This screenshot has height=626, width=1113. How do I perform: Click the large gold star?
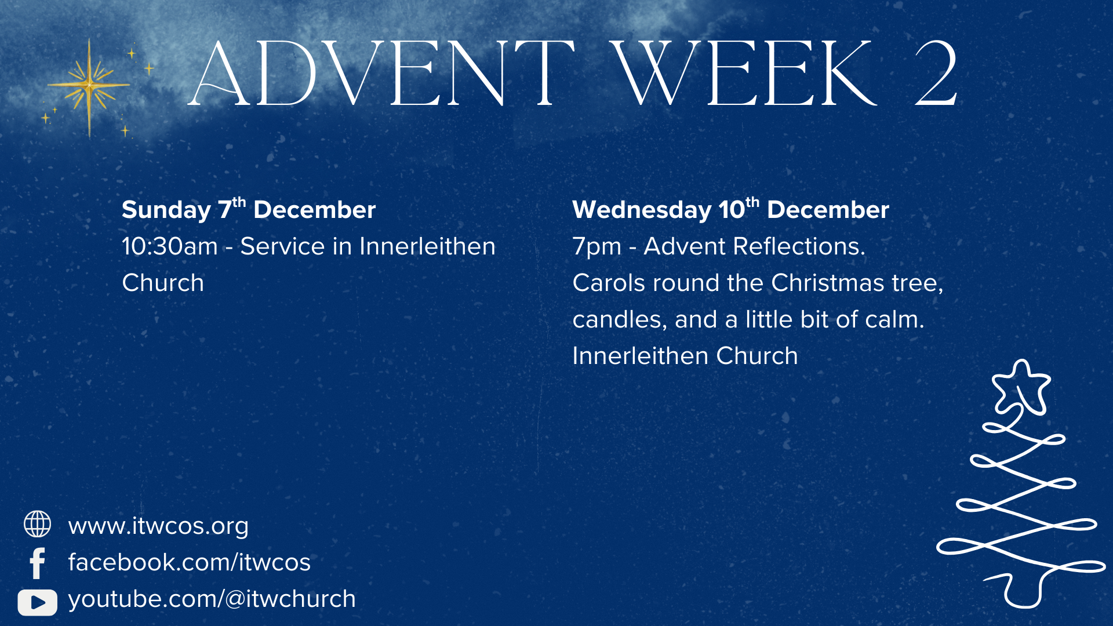coord(89,86)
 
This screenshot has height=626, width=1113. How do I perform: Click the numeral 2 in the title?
coord(936,73)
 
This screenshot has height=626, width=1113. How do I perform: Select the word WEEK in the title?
coord(744,74)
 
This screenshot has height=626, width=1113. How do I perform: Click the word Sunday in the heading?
coord(166,210)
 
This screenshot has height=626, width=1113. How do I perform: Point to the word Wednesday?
coord(642,210)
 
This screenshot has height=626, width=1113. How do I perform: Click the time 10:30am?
coord(170,246)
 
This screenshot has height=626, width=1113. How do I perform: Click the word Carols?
coord(609,283)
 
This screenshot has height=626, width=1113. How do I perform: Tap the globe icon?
coord(37,524)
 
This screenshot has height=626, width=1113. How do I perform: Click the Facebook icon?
coord(37,563)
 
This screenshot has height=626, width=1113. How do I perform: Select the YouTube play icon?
coord(37,602)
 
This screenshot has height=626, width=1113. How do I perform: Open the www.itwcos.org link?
coord(158,526)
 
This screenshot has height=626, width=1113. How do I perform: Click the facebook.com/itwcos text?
coord(190,562)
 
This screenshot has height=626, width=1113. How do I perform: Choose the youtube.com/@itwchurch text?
coord(212,599)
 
